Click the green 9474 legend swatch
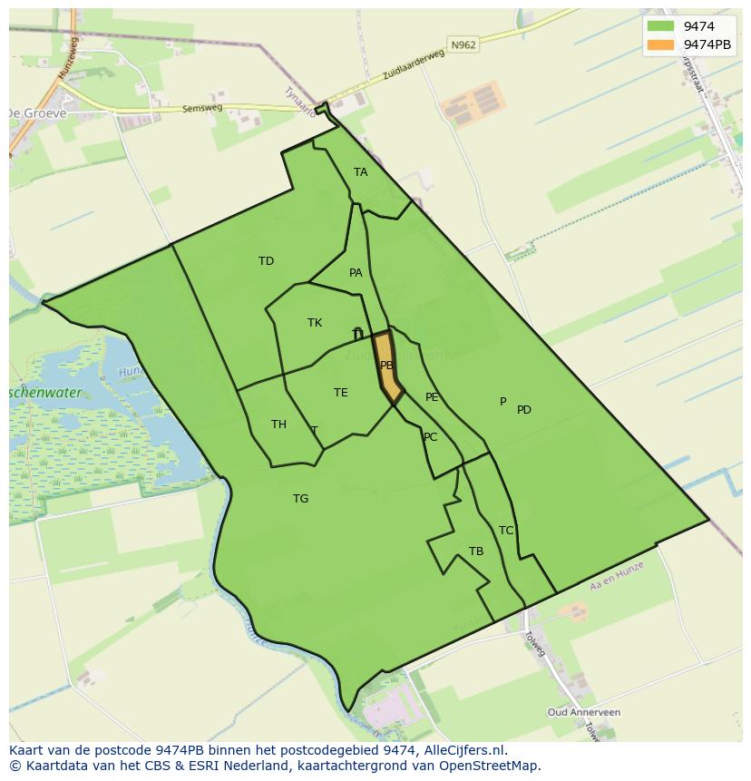[x=661, y=26]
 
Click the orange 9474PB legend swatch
[x=661, y=44]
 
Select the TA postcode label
[x=361, y=172]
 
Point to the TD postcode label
[x=266, y=261]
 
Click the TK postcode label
[x=315, y=323]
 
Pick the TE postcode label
[x=340, y=393]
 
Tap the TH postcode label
[x=278, y=425]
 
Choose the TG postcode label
[x=300, y=499]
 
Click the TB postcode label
[x=476, y=552]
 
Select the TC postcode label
[x=506, y=531]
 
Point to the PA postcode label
[x=356, y=273]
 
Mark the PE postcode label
[x=432, y=397]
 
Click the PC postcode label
[x=430, y=437]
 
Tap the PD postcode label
[x=524, y=410]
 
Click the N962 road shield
[x=462, y=44]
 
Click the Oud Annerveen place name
[x=584, y=712]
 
